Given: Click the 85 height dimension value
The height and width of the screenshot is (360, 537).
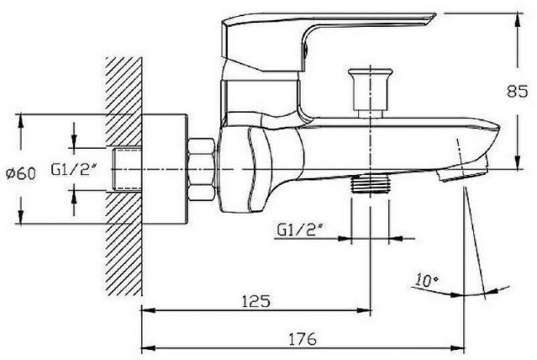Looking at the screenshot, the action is [518, 91].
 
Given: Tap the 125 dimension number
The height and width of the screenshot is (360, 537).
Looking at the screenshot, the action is [255, 301].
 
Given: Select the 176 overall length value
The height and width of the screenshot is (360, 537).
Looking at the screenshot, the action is [303, 339].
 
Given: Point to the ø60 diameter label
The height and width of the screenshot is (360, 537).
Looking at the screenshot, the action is [21, 173].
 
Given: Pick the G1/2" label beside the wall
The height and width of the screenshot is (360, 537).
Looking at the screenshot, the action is [74, 170].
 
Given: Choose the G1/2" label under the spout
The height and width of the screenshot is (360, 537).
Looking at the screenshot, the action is [301, 230].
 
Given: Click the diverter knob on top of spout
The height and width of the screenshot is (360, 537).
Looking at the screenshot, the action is [371, 93].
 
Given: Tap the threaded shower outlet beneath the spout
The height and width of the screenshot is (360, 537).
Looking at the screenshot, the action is [371, 184].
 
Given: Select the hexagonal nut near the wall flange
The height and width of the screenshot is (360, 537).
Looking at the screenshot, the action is [201, 169].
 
